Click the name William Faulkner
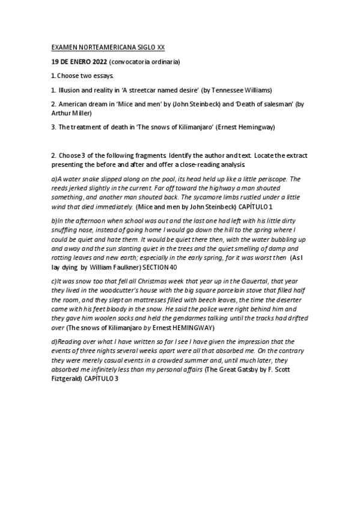[x=107, y=266]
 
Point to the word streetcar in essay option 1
[x=150, y=90]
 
